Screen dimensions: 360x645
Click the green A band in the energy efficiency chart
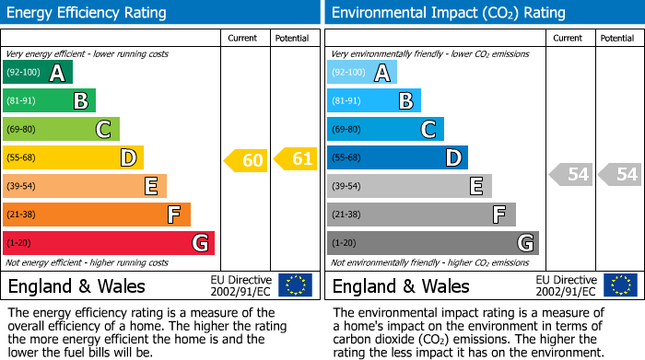click(x=37, y=73)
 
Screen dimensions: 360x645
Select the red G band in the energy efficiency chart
click(x=108, y=243)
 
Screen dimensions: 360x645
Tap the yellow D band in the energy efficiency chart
click(x=73, y=158)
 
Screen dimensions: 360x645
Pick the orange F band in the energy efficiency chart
click(x=96, y=215)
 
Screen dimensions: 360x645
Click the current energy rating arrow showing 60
click(x=246, y=160)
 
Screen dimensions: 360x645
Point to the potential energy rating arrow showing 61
click(x=296, y=159)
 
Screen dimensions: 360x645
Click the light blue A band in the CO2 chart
click(x=361, y=73)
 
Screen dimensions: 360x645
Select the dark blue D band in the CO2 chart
click(x=397, y=158)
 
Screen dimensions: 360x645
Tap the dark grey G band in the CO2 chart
click(x=432, y=243)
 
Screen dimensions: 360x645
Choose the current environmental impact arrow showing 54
click(x=570, y=174)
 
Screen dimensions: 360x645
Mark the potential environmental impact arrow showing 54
click(x=620, y=174)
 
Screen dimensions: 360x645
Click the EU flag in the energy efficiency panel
click(x=295, y=285)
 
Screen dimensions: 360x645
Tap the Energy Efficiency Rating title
click(x=88, y=13)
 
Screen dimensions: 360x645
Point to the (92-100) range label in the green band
click(x=23, y=73)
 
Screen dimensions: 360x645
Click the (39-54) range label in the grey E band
click(x=346, y=187)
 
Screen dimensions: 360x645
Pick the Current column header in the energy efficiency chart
click(x=244, y=38)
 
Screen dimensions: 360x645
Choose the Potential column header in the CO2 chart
click(x=617, y=38)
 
